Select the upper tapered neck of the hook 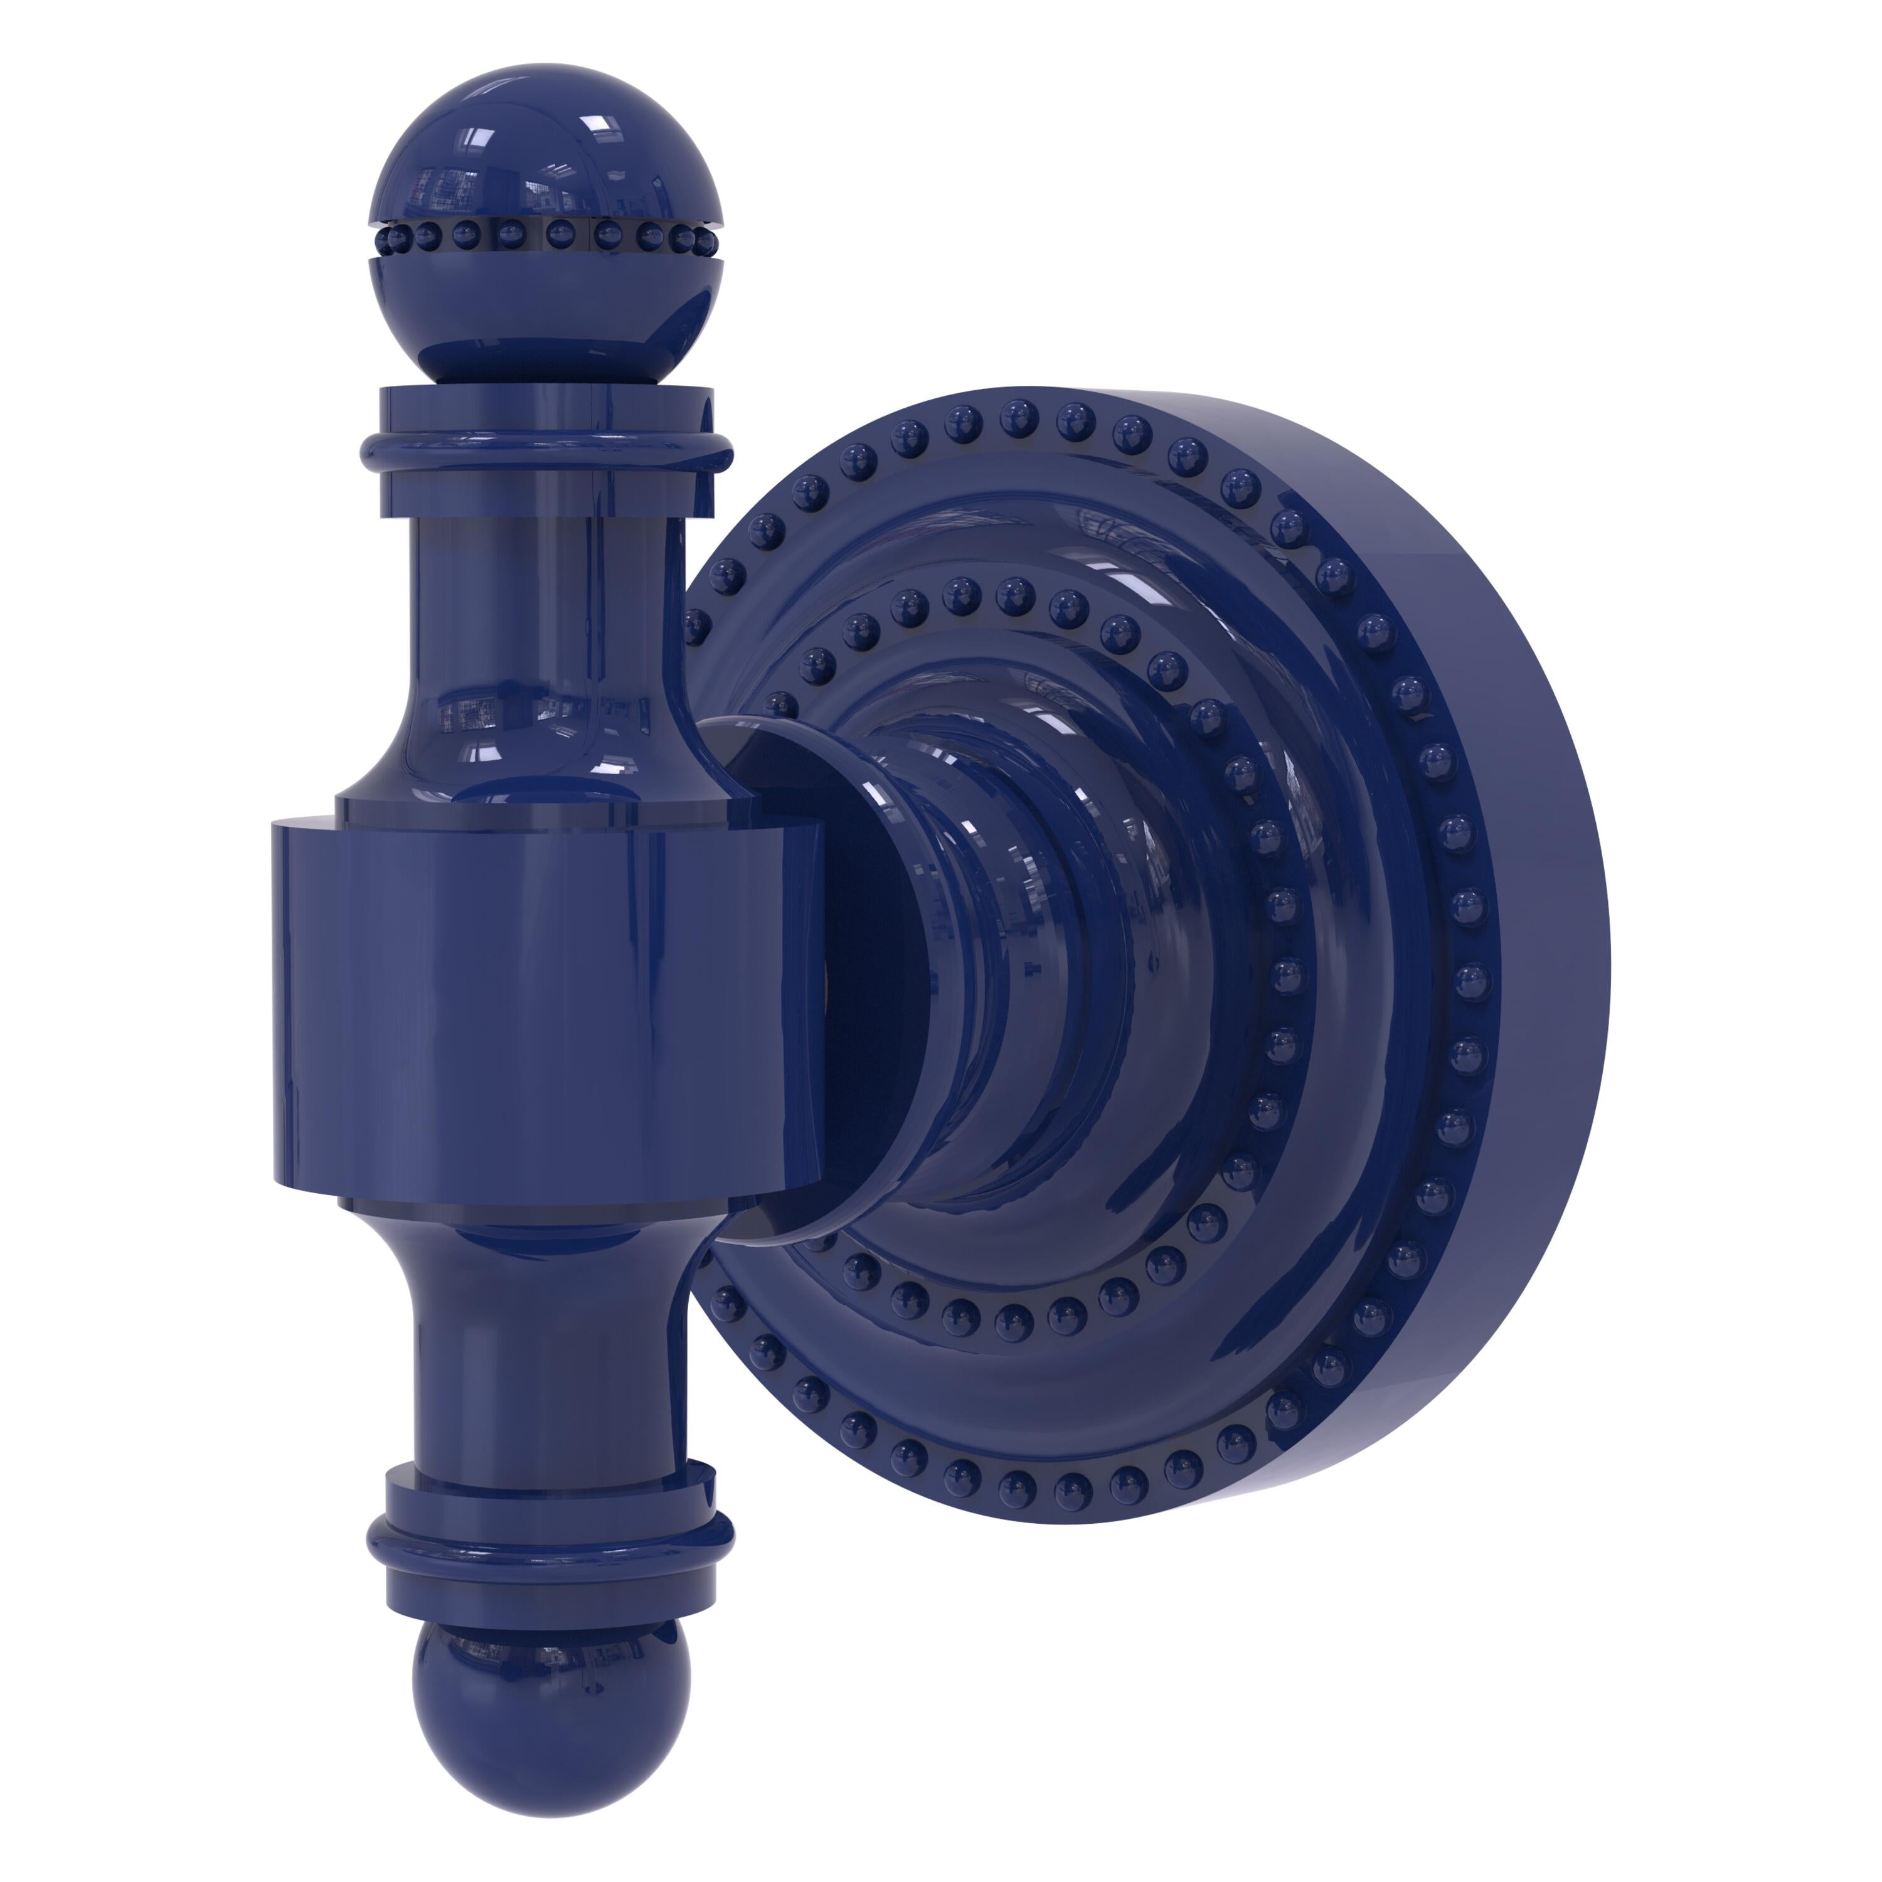pos(546,624)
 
